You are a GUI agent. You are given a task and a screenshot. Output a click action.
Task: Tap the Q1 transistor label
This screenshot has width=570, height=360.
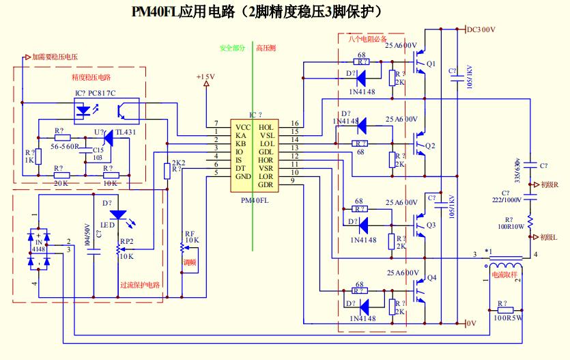[x=431, y=64]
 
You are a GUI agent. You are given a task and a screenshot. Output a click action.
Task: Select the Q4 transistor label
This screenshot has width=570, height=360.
[x=431, y=278]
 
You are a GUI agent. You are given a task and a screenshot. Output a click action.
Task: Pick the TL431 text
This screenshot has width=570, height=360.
[x=126, y=132]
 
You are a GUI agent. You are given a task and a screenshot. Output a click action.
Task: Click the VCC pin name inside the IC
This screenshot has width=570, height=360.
[x=244, y=128]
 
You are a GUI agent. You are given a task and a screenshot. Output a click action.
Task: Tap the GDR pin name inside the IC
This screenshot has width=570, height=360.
[x=266, y=184]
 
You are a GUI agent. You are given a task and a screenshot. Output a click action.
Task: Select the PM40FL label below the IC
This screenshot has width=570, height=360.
[x=255, y=201]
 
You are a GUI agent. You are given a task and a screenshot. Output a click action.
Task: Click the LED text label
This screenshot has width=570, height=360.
[x=107, y=225]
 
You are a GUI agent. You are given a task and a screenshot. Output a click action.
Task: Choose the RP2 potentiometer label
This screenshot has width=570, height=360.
[x=126, y=241]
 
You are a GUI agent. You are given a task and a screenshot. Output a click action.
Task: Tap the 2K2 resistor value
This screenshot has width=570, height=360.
[x=179, y=163]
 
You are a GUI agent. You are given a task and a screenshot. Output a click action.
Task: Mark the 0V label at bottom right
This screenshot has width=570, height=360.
[x=470, y=323]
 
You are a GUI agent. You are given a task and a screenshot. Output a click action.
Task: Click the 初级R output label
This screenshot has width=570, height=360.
[x=549, y=185]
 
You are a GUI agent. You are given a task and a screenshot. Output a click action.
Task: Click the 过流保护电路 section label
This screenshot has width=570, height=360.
[x=140, y=285]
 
